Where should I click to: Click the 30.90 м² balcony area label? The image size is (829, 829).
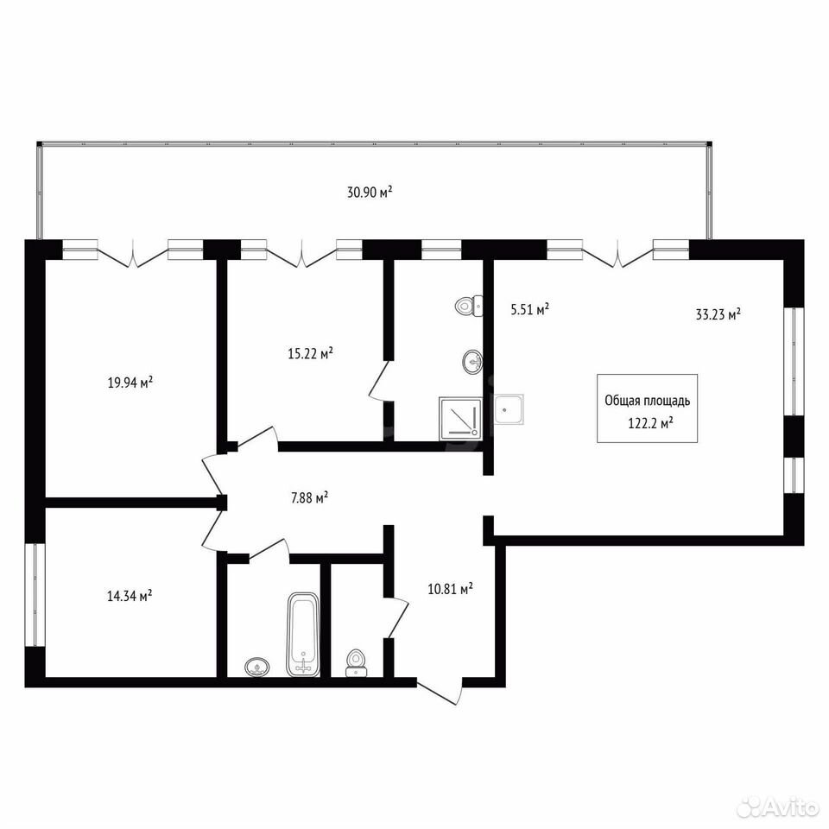click(370, 192)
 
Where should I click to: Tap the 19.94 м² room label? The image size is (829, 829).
click(130, 382)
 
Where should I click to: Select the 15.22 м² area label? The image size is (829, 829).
click(310, 352)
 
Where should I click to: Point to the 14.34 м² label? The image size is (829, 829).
click(130, 596)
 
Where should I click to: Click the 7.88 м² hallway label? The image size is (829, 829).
click(310, 497)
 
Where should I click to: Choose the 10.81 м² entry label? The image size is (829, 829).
click(450, 588)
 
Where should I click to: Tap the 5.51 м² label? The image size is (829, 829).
click(529, 309)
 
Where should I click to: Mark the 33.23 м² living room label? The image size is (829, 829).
click(718, 314)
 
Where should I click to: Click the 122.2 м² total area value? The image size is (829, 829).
click(650, 423)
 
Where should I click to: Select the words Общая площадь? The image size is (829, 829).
click(647, 401)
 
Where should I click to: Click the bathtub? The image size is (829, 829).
click(303, 634)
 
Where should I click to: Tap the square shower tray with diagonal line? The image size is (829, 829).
click(460, 418)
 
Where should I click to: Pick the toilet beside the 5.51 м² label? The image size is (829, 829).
click(468, 306)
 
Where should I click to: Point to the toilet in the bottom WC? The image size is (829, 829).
click(356, 662)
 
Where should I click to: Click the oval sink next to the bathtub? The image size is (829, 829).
click(257, 667)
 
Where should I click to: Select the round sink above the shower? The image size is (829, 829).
click(471, 362)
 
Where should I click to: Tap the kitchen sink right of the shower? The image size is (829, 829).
click(509, 409)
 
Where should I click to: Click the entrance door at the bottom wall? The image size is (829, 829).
click(440, 692)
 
